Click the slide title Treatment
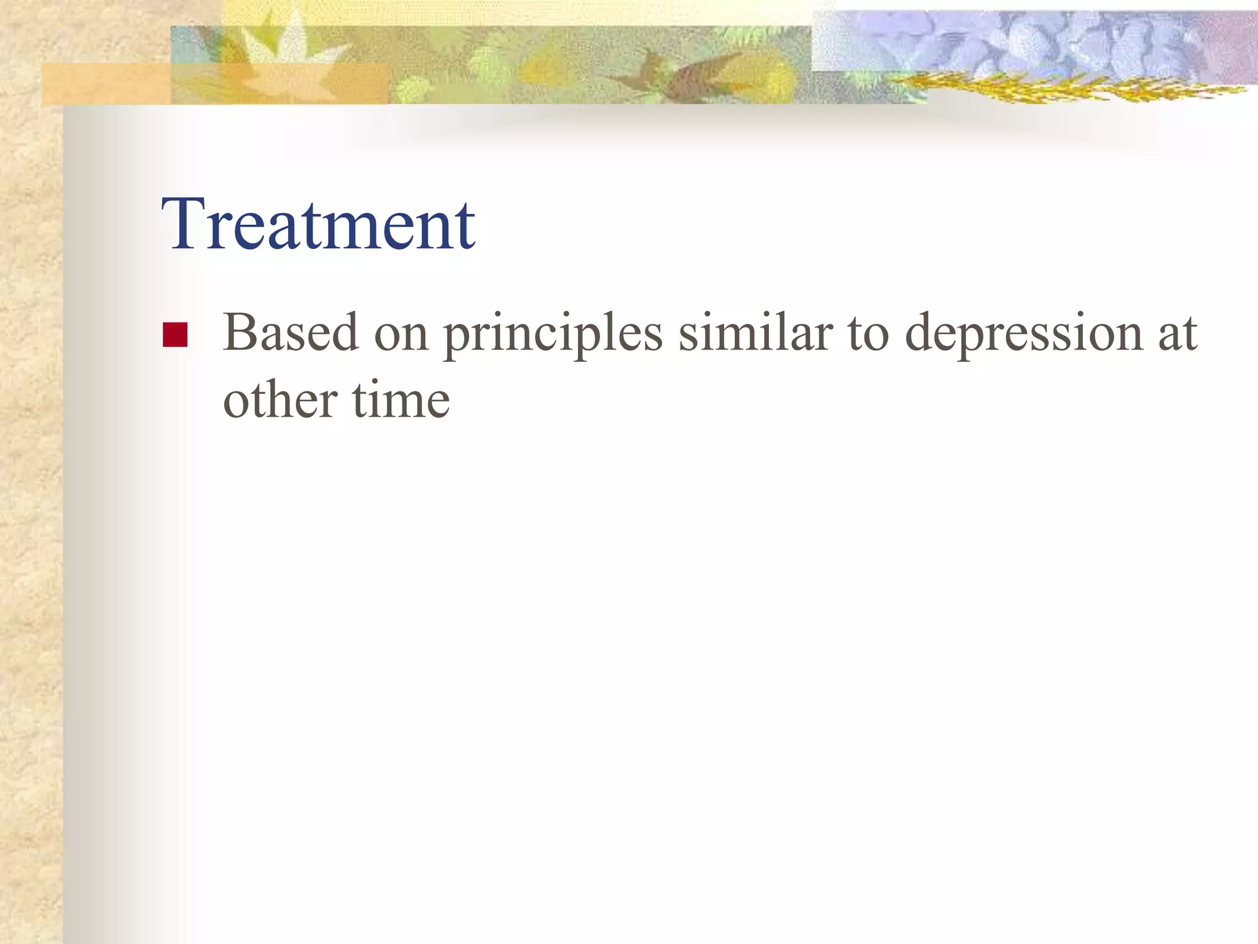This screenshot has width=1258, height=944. click(318, 224)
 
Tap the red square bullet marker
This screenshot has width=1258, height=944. click(175, 335)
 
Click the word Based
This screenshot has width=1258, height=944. click(290, 333)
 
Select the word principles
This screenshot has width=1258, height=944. click(553, 335)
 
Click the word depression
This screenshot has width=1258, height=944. click(1023, 335)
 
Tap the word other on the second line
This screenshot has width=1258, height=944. click(279, 401)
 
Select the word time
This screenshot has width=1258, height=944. click(401, 401)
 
